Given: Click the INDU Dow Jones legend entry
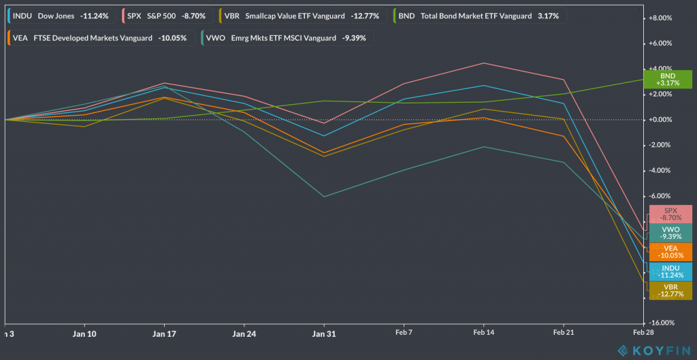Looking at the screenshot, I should coord(61,15).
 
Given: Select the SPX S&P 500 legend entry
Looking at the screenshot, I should coord(168,15).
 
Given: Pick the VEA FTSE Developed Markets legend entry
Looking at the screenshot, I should coord(99,38).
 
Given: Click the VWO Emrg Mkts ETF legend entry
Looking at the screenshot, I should coord(287,38).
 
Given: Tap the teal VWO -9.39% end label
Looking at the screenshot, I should coord(670,233).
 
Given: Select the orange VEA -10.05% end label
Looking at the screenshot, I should coord(670,252).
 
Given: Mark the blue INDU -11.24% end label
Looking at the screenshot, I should coord(670,271).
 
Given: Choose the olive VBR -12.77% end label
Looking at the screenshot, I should coord(670,290).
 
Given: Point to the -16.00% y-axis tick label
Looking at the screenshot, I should coord(663,323).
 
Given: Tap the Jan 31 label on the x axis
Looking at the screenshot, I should coord(323,334).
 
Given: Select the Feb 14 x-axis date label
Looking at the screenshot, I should coord(483,334).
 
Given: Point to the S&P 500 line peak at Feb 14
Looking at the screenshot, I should coord(483,63).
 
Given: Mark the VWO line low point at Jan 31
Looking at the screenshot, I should coord(323,197).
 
